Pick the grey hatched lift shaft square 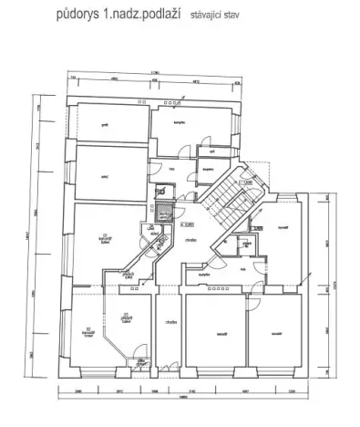(x=163, y=215)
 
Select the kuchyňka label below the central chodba (x=207, y=272)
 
